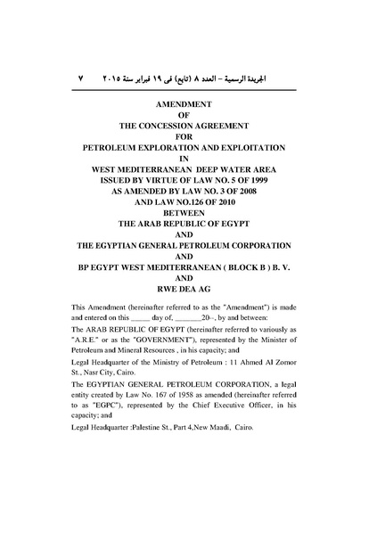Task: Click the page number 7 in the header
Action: (81, 78)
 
